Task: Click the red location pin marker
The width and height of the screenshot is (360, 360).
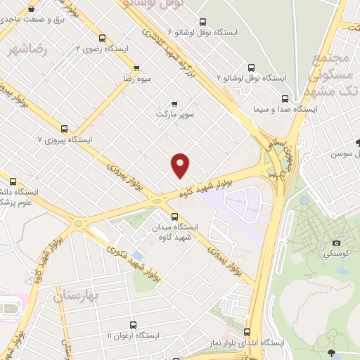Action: point(181,165)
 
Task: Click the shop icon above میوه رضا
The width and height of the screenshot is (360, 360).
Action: point(136,68)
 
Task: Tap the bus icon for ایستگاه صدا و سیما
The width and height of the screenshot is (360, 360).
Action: point(284,98)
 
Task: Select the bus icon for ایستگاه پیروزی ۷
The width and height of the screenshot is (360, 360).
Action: point(64,129)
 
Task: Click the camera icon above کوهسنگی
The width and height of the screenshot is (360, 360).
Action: point(335,243)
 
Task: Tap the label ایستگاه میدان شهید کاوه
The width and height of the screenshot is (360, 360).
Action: point(175,232)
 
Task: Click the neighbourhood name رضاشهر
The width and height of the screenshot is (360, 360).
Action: point(29,49)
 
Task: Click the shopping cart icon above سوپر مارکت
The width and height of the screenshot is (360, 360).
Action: point(174,103)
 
